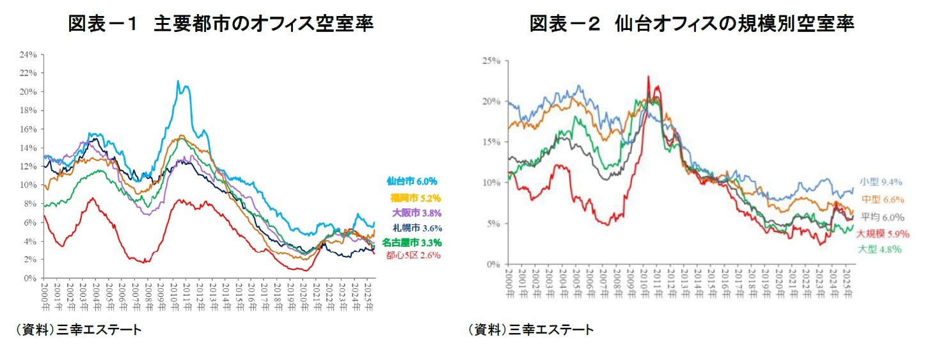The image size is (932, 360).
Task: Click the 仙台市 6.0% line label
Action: [x=411, y=182]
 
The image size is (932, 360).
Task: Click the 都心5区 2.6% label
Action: [x=413, y=256]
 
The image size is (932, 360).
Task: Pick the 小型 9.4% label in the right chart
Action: [x=881, y=182]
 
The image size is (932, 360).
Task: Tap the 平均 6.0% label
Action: [x=881, y=217]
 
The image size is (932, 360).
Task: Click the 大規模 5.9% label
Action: [x=883, y=234]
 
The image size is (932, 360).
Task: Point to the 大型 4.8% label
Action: [x=881, y=249]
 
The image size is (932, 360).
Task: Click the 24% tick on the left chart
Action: [x=28, y=54]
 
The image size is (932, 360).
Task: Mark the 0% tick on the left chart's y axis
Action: [x=30, y=278]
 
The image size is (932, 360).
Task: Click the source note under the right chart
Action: [x=530, y=330]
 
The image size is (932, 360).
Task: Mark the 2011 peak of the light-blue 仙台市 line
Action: [x=178, y=81]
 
